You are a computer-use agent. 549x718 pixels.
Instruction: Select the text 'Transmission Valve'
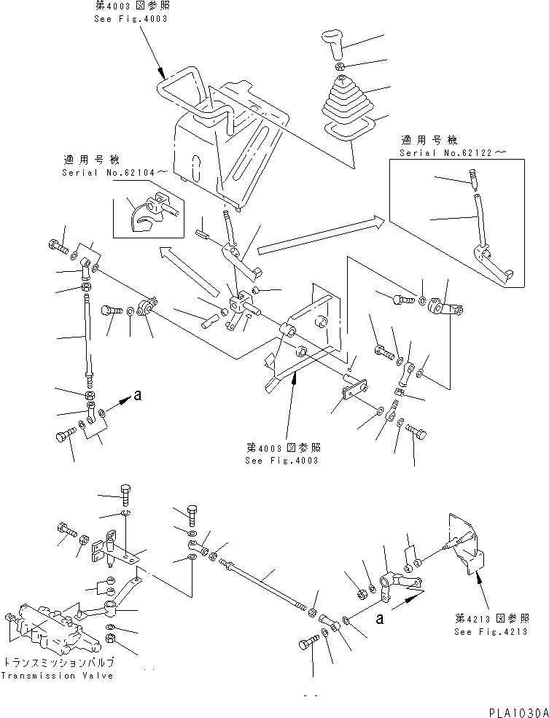click(x=58, y=676)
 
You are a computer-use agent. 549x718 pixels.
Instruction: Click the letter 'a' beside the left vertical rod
click(x=136, y=397)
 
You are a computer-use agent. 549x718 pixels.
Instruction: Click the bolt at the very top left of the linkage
click(x=57, y=246)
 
